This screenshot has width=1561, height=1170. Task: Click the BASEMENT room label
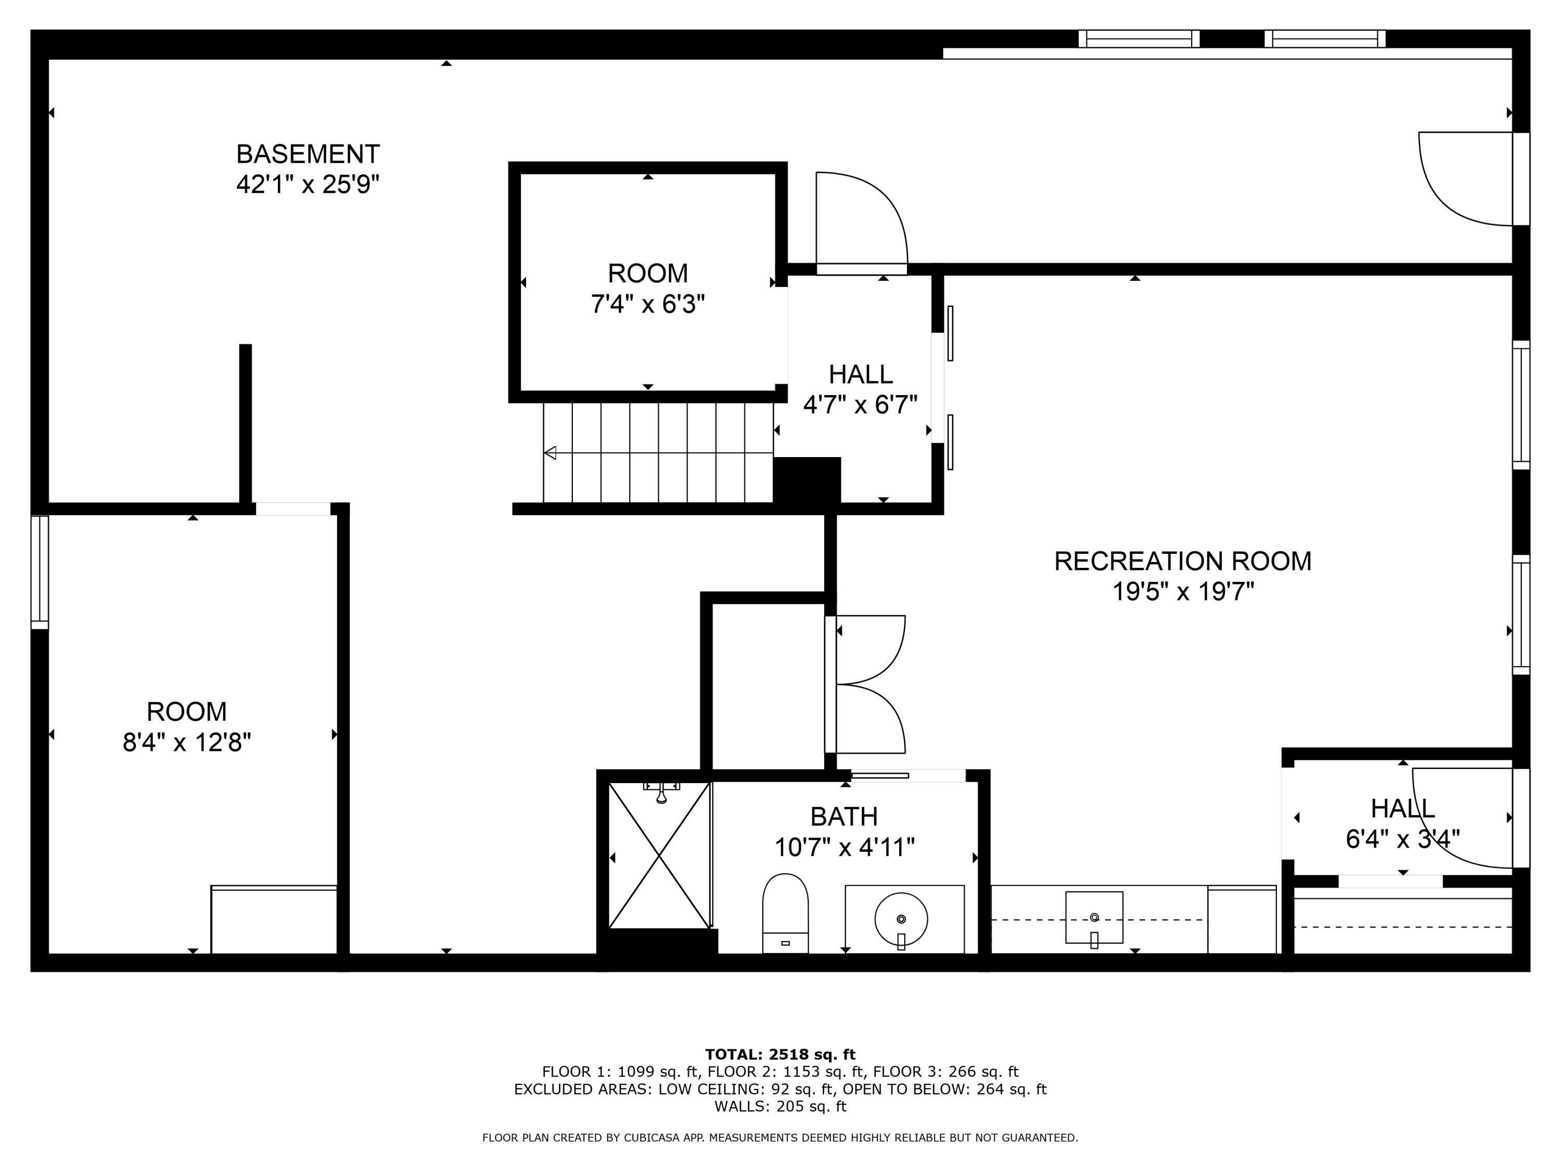(308, 154)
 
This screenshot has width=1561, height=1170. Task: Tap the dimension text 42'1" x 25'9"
(308, 185)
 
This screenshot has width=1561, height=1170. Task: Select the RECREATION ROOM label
(1183, 562)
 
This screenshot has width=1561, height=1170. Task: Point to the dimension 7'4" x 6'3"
(648, 305)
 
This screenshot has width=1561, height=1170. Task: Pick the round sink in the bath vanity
(901, 919)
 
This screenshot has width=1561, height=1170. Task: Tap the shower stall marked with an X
(659, 855)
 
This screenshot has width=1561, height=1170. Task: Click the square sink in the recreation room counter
(1094, 917)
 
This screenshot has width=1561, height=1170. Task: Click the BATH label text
(844, 817)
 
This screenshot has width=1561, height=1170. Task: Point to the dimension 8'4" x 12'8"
(187, 743)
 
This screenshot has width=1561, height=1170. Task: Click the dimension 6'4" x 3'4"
(1402, 839)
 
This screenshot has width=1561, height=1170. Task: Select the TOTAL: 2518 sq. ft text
(780, 1055)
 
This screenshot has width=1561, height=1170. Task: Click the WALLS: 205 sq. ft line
(780, 1106)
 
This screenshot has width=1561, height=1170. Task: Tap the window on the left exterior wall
(40, 571)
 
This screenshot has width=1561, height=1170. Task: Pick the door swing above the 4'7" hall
(862, 218)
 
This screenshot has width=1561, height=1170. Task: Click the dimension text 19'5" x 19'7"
(1183, 592)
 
